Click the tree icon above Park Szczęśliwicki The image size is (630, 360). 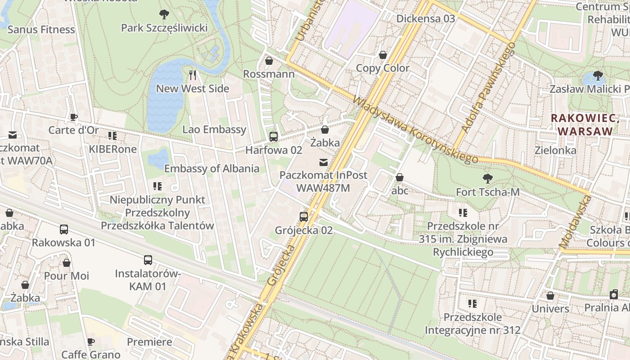(x=164, y=14)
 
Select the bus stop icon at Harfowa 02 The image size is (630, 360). (x=273, y=137)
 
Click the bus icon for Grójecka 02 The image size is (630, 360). (x=304, y=217)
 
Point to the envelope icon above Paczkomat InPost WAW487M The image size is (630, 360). (x=323, y=162)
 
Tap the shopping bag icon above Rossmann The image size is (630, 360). (x=269, y=61)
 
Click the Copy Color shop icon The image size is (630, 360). (x=382, y=55)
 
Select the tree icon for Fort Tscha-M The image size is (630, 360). (x=487, y=179)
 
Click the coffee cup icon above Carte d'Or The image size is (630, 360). (x=74, y=117)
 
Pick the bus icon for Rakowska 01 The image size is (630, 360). (x=64, y=229)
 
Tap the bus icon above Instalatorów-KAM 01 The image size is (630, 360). (x=148, y=260)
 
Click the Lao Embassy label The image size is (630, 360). (x=214, y=130)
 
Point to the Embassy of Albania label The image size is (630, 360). (x=211, y=169)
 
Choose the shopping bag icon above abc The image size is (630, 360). (x=399, y=178)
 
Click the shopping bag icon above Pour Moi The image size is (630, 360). (x=67, y=263)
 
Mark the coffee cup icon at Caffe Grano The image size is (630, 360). (x=91, y=342)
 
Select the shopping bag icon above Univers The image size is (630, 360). (x=550, y=296)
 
